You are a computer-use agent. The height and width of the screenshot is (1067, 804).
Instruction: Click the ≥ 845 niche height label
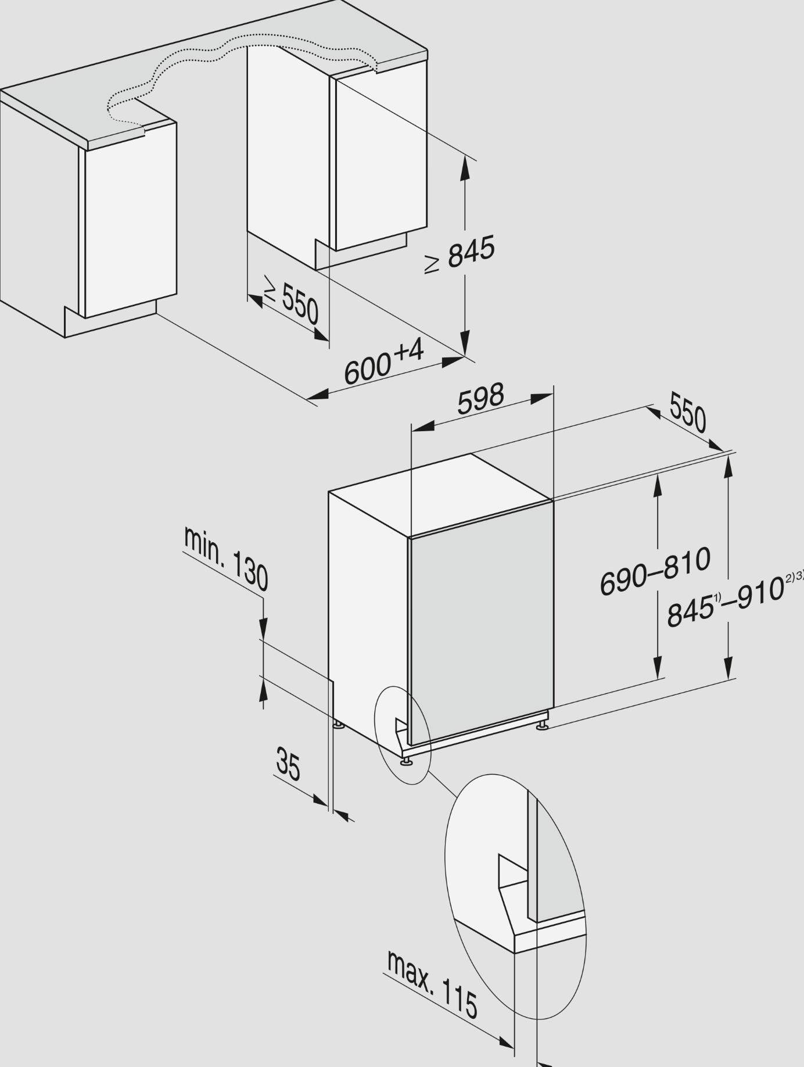[x=460, y=254]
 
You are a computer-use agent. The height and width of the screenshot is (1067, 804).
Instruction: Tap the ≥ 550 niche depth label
[x=291, y=299]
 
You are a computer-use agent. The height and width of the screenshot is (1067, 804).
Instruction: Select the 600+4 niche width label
[x=384, y=362]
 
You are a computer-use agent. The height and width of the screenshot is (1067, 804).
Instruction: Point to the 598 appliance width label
[x=480, y=398]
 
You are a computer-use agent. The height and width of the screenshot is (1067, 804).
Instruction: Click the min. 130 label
[x=226, y=558]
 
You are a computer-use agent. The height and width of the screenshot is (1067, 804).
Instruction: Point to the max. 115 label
[x=432, y=984]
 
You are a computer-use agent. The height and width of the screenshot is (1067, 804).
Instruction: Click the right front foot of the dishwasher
[x=541, y=726]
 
